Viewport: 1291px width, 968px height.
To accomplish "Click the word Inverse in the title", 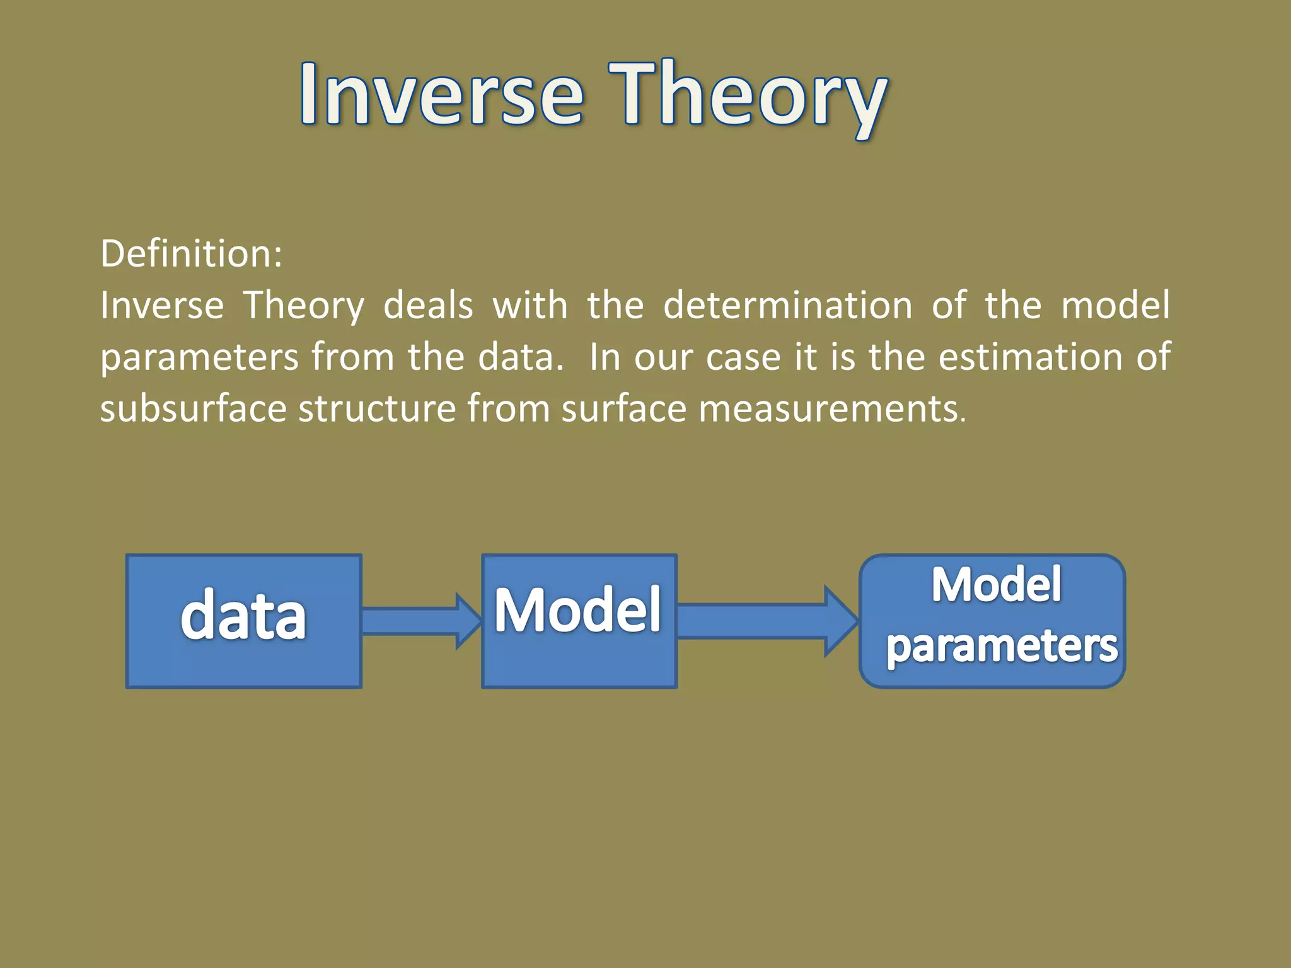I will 441,95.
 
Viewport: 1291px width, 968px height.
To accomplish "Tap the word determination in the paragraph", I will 787,306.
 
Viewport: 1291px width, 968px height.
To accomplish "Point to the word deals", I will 428,306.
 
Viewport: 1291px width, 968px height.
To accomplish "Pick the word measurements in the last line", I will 831,408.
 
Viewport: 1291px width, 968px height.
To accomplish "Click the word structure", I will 377,408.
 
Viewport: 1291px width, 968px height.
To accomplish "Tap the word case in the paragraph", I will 743,357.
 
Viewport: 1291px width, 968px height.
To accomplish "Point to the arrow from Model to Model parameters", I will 766,621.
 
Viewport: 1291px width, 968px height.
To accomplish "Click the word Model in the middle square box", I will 577,610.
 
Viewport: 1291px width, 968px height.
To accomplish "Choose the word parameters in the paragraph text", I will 199,357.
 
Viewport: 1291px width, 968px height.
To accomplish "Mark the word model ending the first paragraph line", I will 1115,306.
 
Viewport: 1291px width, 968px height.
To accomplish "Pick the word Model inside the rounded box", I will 996,585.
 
